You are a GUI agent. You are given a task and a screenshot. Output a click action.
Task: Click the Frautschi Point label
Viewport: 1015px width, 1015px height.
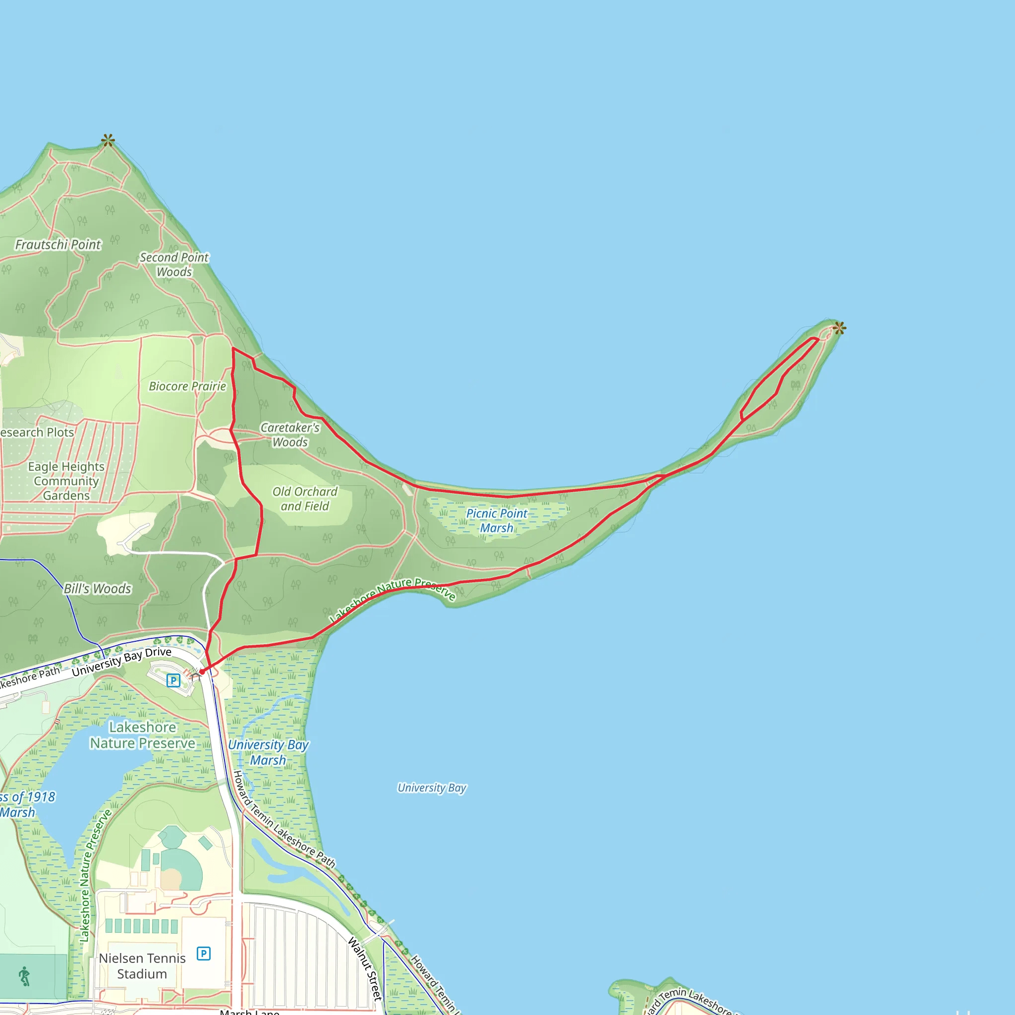coord(58,245)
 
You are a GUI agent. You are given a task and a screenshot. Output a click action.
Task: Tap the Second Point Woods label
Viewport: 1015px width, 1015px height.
coord(174,265)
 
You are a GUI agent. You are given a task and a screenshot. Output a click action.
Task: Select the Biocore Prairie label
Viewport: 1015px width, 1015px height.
coord(187,386)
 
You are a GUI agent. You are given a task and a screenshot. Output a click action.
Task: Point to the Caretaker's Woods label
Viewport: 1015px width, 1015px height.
coord(290,435)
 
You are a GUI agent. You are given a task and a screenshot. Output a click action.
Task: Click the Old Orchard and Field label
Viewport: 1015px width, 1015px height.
coord(305,499)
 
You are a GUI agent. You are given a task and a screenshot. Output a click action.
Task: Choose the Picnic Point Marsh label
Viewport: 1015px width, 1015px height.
coord(497,521)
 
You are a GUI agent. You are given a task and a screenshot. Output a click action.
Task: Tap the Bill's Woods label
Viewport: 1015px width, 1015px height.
coord(97,588)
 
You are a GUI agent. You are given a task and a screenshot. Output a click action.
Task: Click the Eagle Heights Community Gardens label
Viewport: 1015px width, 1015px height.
coord(66,481)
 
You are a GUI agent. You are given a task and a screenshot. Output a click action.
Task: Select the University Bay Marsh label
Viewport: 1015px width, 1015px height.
coord(268,752)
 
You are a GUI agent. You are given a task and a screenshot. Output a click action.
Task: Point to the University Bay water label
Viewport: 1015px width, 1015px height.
coord(432,788)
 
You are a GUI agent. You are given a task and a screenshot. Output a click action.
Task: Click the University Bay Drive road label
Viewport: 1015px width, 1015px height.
coord(122,662)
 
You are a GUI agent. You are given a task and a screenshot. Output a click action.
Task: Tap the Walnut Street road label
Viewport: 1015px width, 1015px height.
coord(365,969)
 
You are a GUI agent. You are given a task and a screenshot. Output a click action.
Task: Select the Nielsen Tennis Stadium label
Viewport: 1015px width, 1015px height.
coord(142,965)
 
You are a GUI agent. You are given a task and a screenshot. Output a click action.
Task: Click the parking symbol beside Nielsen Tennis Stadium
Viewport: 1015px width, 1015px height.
coord(203,954)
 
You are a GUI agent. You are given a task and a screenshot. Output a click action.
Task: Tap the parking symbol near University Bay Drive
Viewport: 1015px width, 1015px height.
coord(173,681)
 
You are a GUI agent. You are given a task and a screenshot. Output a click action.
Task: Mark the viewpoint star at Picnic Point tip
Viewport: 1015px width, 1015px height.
coord(839,329)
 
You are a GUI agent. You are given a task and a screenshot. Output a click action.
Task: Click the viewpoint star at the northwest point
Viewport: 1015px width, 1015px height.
coord(108,140)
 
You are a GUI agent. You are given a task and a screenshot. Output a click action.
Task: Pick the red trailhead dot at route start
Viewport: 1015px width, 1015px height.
coord(202,672)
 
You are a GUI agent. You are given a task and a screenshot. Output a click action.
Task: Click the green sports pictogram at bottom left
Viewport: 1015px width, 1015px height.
coord(24,976)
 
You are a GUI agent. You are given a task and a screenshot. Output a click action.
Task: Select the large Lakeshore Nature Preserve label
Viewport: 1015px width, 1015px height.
coord(142,735)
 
